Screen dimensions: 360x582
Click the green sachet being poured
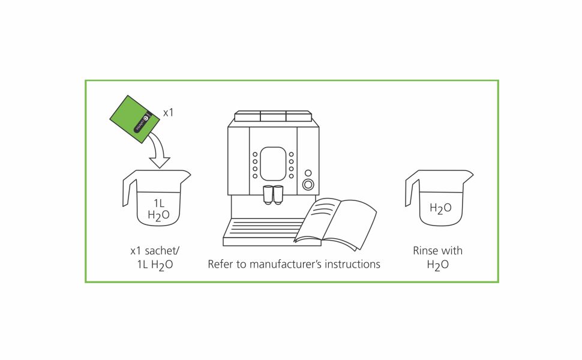click(135, 119)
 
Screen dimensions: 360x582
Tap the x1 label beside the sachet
click(169, 112)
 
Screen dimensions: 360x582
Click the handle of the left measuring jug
click(128, 191)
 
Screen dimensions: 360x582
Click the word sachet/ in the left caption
click(162, 251)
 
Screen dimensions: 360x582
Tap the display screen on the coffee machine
click(273, 163)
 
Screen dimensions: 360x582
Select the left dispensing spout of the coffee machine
click(268, 193)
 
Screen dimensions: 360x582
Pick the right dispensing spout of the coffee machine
click(278, 193)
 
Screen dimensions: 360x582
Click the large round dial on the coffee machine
click(308, 184)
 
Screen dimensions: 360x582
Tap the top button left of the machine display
click(255, 154)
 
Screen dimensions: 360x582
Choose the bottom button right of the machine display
click(292, 176)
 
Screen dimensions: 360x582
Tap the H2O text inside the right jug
click(440, 209)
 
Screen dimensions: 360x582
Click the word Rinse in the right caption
click(425, 251)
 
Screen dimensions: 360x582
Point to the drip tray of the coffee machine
click(264, 231)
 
